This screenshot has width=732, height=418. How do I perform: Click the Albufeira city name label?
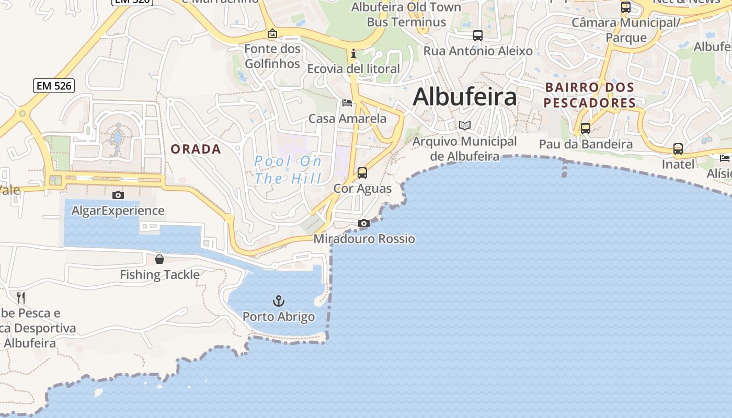click(x=465, y=97)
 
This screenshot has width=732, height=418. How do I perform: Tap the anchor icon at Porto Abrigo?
click(x=279, y=301)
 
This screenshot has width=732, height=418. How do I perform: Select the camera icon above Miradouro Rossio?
click(x=364, y=224)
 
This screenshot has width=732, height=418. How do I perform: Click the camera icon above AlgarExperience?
click(x=118, y=195)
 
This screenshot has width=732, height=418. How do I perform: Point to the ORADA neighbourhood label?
click(x=196, y=149)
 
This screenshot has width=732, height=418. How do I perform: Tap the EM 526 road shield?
click(x=54, y=86)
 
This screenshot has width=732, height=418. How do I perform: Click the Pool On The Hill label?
click(x=288, y=170)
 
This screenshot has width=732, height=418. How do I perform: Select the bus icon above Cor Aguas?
click(x=362, y=173)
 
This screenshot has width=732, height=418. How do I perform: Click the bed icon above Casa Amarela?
click(x=347, y=103)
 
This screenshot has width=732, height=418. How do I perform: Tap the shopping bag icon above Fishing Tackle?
click(x=159, y=259)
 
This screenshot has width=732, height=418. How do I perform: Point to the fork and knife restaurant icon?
click(x=21, y=298)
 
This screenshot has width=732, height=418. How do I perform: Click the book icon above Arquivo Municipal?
click(x=465, y=125)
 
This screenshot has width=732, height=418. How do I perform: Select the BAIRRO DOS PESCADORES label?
click(x=590, y=95)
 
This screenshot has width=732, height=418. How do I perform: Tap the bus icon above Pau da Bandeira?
click(x=586, y=129)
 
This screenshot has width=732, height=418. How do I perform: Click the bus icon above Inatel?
click(x=678, y=149)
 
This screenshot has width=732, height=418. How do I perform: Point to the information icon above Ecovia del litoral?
click(x=353, y=53)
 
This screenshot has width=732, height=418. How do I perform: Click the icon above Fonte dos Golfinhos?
click(x=272, y=34)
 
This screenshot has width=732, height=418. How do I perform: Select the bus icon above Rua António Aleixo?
click(x=478, y=36)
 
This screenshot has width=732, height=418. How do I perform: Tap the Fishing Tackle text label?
click(x=159, y=275)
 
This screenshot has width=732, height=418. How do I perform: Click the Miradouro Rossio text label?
click(x=364, y=239)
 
